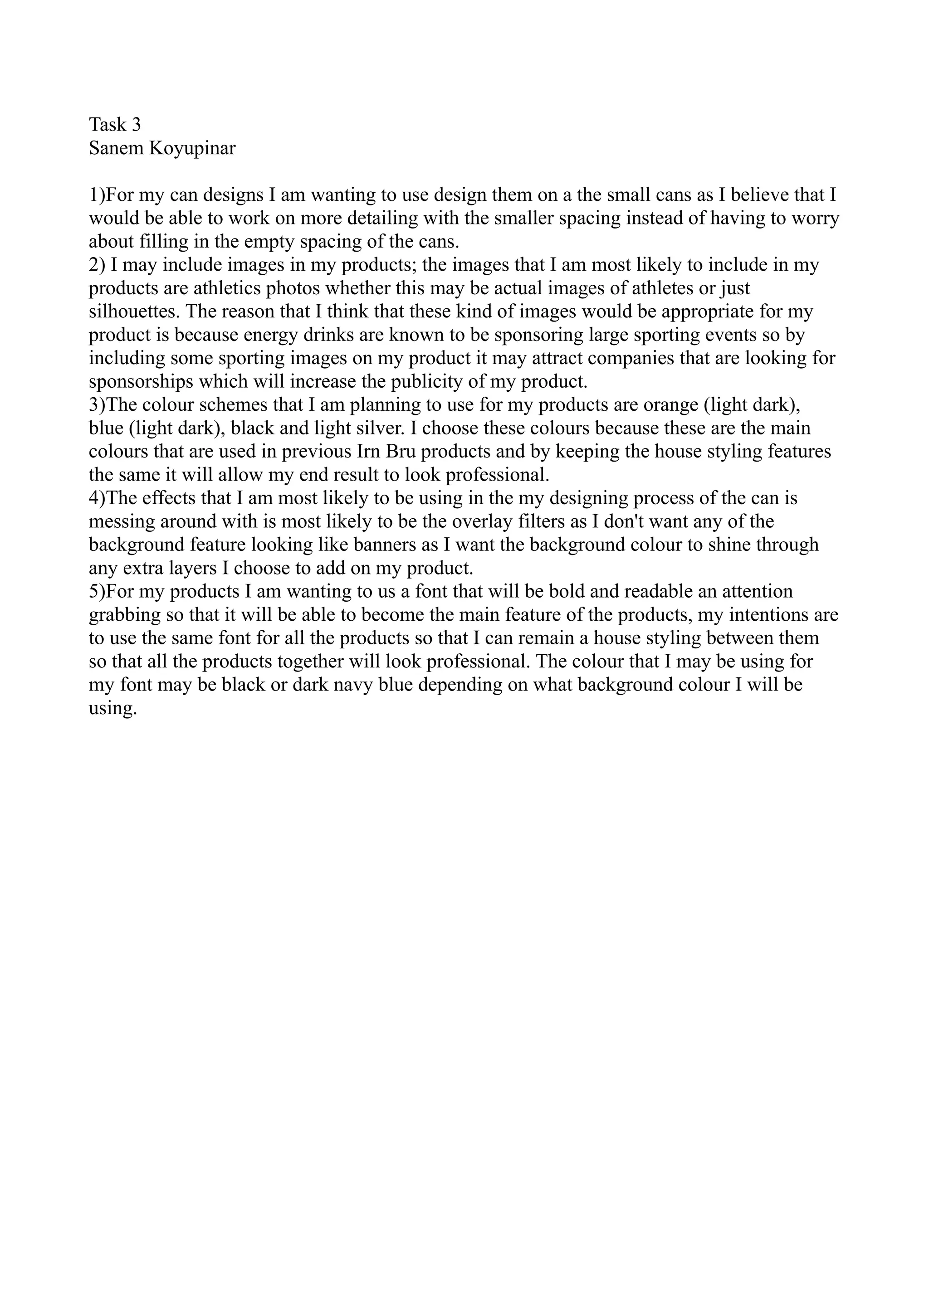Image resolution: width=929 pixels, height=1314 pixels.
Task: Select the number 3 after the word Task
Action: click(136, 124)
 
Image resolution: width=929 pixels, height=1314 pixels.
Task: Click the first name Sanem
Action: click(117, 148)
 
